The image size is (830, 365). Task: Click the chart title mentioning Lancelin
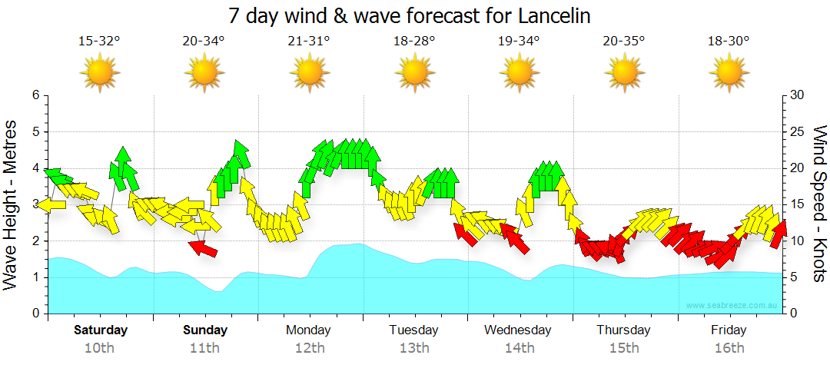(414, 15)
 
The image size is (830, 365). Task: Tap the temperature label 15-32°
(99, 42)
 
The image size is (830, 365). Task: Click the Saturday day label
(101, 330)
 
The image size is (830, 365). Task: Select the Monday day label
(308, 330)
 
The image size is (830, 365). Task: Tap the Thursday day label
(623, 330)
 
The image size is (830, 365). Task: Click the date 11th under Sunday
(205, 348)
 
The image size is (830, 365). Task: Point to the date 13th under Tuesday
(414, 348)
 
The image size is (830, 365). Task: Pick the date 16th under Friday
(729, 348)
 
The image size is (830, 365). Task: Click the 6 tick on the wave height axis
(35, 95)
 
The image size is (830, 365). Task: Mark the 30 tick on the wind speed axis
(797, 95)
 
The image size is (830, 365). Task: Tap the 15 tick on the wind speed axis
(797, 204)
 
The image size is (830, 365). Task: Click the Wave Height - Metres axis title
(12, 204)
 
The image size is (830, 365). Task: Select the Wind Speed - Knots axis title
(819, 204)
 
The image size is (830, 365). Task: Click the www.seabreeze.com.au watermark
(732, 306)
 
